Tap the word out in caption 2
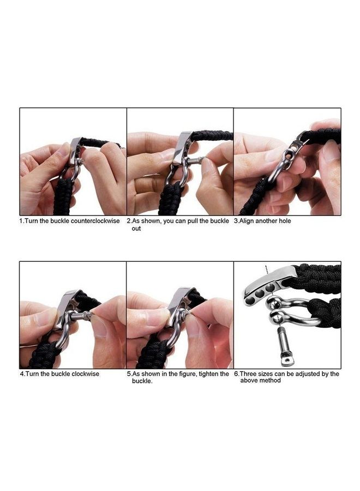(x=136, y=229)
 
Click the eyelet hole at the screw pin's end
(x=286, y=361)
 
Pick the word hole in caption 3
(x=285, y=221)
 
